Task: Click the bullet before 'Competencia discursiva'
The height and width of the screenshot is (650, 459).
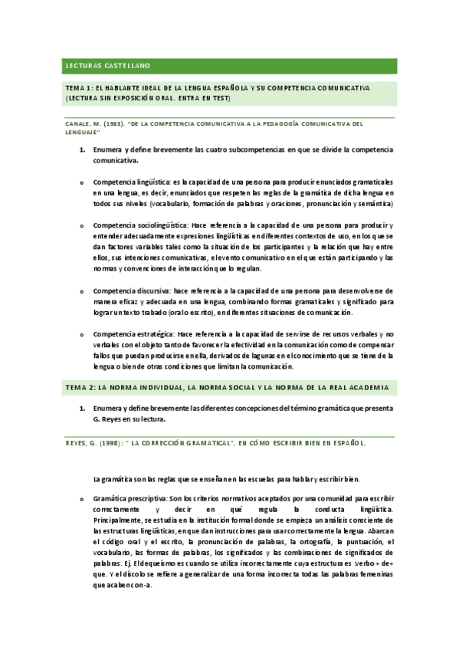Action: pos(82,291)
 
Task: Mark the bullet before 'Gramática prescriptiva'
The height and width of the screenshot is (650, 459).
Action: pos(82,499)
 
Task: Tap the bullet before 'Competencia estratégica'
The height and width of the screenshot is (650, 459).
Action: pos(82,334)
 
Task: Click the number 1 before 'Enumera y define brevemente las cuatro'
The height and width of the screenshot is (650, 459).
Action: pos(82,150)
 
